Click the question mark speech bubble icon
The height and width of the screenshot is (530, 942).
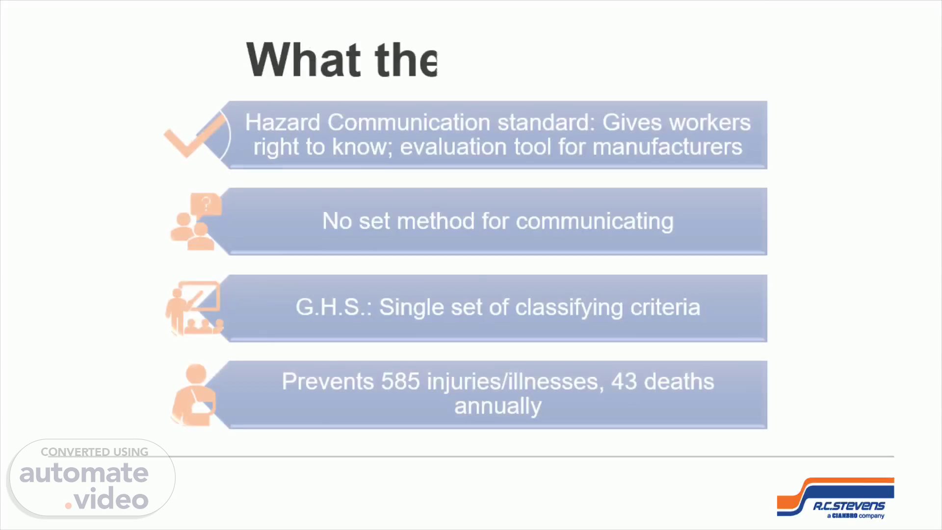206,205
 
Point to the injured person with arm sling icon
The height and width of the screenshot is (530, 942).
193,395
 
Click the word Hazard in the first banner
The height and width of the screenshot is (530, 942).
283,122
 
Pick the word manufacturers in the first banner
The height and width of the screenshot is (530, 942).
667,147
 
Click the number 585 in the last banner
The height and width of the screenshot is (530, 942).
400,381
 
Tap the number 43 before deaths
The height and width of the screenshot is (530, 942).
624,381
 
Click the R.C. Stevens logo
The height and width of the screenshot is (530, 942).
836,498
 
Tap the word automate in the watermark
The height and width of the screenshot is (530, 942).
84,473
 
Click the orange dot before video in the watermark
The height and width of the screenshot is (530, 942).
68,505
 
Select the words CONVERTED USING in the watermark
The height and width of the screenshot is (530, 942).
94,452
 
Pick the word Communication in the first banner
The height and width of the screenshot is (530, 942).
409,122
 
